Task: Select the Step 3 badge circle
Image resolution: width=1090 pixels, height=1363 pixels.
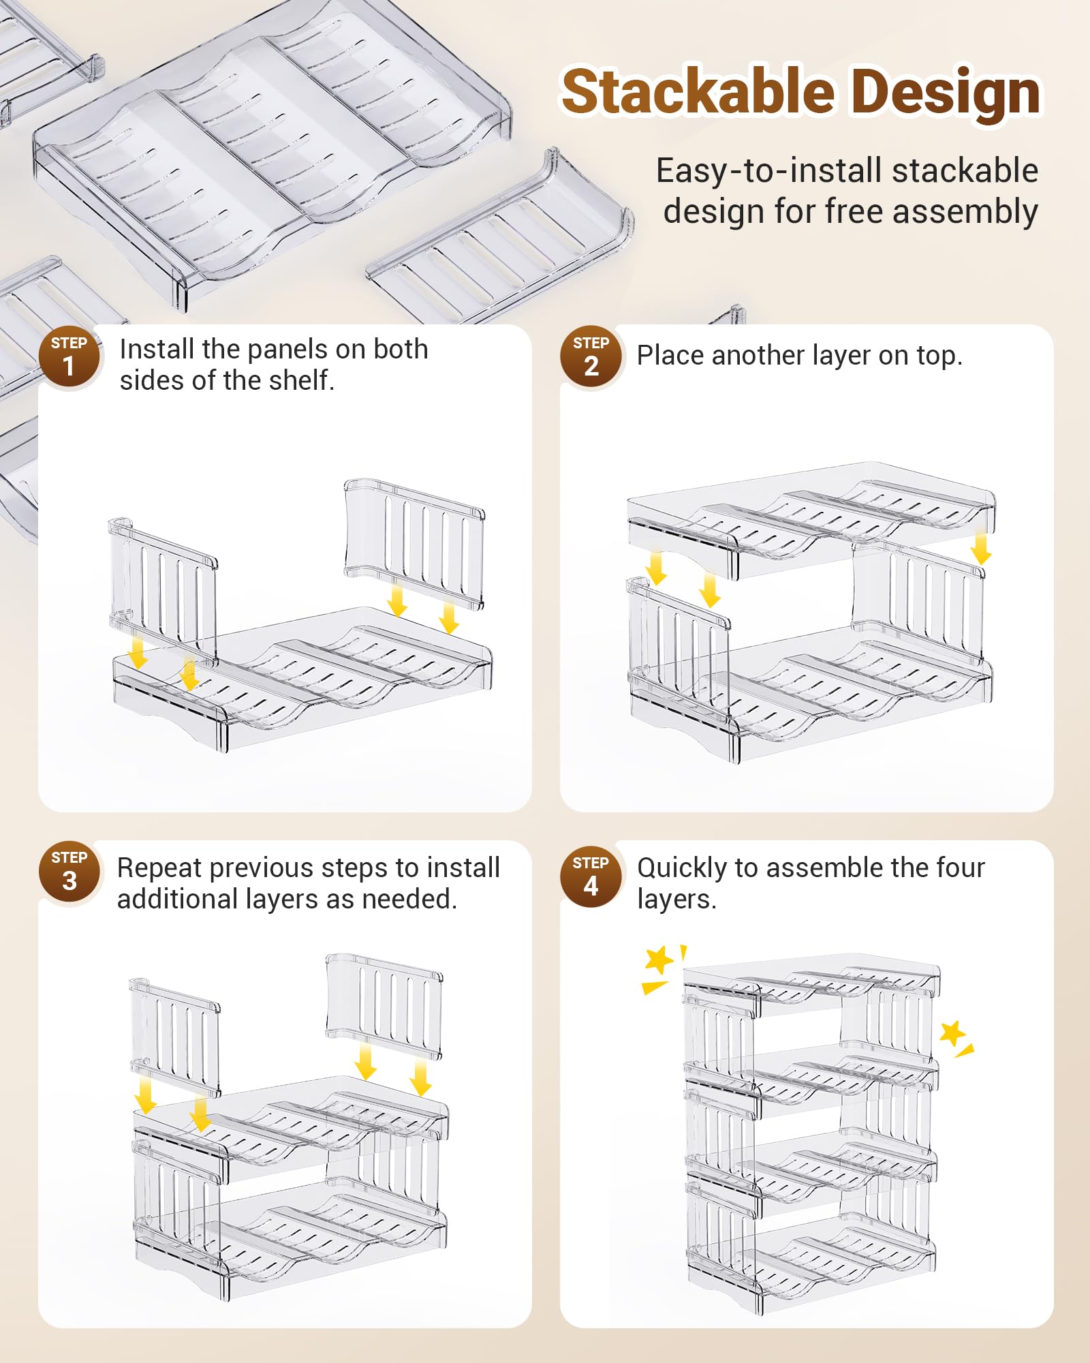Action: coord(69,872)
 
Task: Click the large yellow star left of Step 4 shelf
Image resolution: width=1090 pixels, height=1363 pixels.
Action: coord(658,960)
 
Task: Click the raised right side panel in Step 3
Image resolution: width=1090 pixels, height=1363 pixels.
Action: coord(384,1002)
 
